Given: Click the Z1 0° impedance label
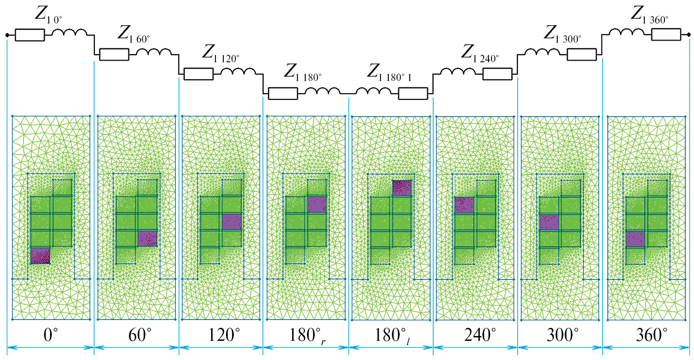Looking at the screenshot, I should point(48,14).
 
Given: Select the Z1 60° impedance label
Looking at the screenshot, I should point(133,34).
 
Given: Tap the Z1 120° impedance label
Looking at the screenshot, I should point(220,53).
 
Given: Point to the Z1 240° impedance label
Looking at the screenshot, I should point(479,53).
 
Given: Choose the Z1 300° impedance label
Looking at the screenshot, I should point(562,34).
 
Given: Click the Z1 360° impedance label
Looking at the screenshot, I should point(649,14).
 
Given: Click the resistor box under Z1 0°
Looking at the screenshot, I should point(30,35).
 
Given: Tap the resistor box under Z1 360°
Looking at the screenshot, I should point(666,35).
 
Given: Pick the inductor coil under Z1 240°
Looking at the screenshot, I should point(457,72).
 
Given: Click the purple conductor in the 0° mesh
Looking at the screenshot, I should point(40,256).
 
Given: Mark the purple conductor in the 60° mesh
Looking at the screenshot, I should point(147,239).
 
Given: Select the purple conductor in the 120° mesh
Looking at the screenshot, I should point(232,222).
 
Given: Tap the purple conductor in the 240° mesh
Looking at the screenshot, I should point(464,205).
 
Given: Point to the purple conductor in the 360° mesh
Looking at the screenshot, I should point(635,239).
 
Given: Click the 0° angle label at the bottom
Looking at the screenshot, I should point(51,335).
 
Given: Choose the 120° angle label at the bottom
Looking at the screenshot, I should point(224,335).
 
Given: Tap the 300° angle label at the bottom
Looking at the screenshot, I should point(563,335).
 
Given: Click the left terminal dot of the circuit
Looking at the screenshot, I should point(7,35).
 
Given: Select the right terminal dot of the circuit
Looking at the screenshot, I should point(688,35).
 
